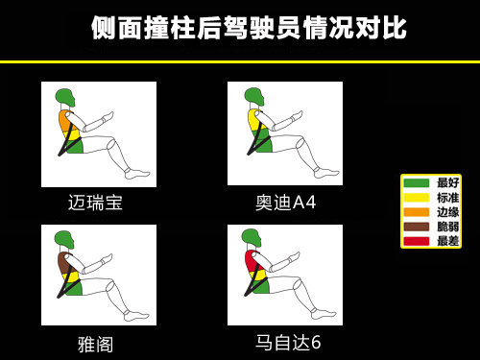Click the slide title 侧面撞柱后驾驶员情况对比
249,29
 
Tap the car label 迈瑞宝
95,203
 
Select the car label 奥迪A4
285,203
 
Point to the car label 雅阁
95,344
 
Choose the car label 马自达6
287,343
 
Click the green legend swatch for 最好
416,182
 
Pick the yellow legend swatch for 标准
416,197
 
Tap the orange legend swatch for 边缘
416,211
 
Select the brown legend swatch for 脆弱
416,226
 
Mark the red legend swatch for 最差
416,240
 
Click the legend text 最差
447,240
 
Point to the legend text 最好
447,182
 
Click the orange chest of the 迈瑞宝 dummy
65,121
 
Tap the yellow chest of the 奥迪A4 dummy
254,120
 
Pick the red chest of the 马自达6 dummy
252,260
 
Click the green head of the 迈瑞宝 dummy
64,97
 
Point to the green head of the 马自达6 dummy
251,236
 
